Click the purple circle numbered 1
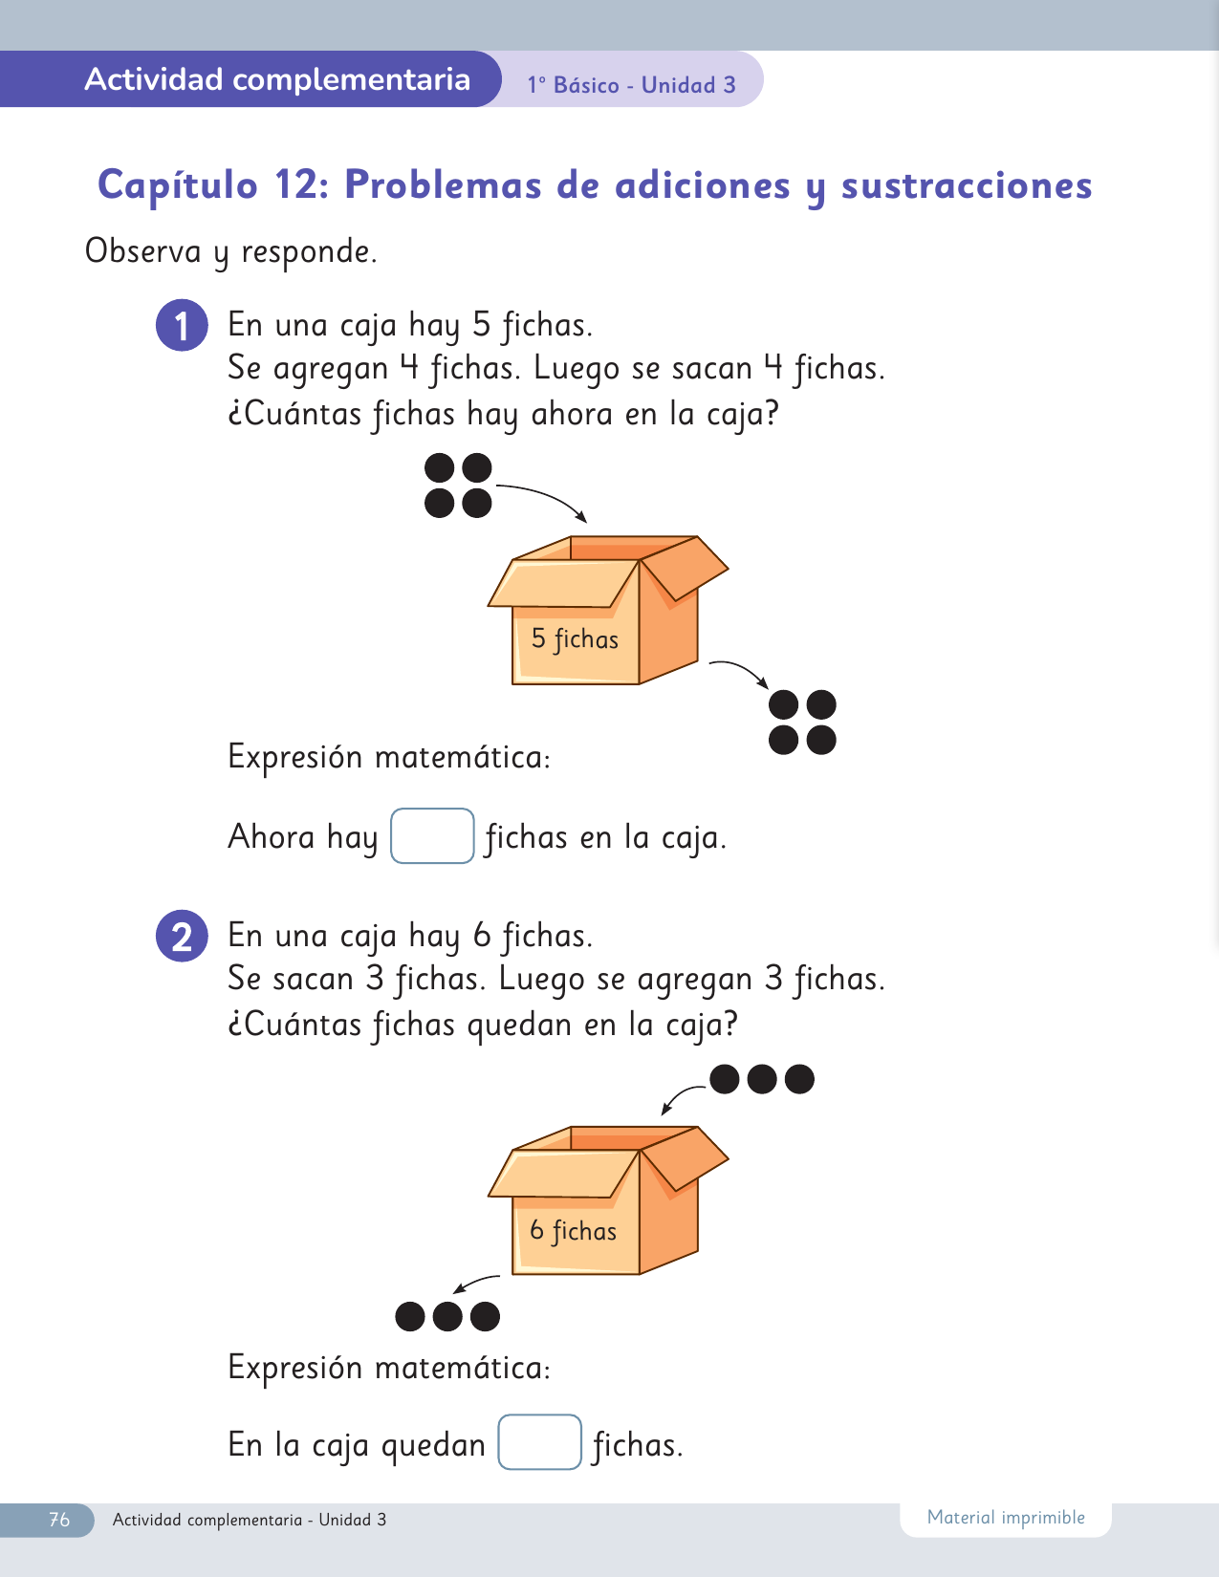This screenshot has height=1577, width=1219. coord(182,326)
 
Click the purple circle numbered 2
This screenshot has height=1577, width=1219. coord(182,936)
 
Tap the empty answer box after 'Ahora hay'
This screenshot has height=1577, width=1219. coord(432,836)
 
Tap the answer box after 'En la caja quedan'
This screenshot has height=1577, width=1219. coord(539,1442)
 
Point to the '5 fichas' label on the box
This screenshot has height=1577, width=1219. coord(575,638)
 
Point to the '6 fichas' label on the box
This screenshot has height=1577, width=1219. coord(574,1230)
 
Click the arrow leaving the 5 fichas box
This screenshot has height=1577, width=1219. coord(739,669)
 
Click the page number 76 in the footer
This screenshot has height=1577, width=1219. coord(59,1520)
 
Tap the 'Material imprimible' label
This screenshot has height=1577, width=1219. coord(1006,1518)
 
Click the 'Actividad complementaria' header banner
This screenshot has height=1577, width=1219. coord(277,79)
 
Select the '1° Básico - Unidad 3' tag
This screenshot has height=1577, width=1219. coord(631,85)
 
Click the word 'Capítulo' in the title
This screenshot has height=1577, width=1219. coord(178,185)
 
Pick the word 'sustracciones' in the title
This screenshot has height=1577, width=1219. coord(967,185)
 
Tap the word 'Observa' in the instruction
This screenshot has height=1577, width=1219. coord(143,251)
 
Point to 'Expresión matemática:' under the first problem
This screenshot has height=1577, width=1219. coord(389,757)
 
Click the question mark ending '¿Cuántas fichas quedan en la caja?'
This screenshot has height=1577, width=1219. coord(729,1024)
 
